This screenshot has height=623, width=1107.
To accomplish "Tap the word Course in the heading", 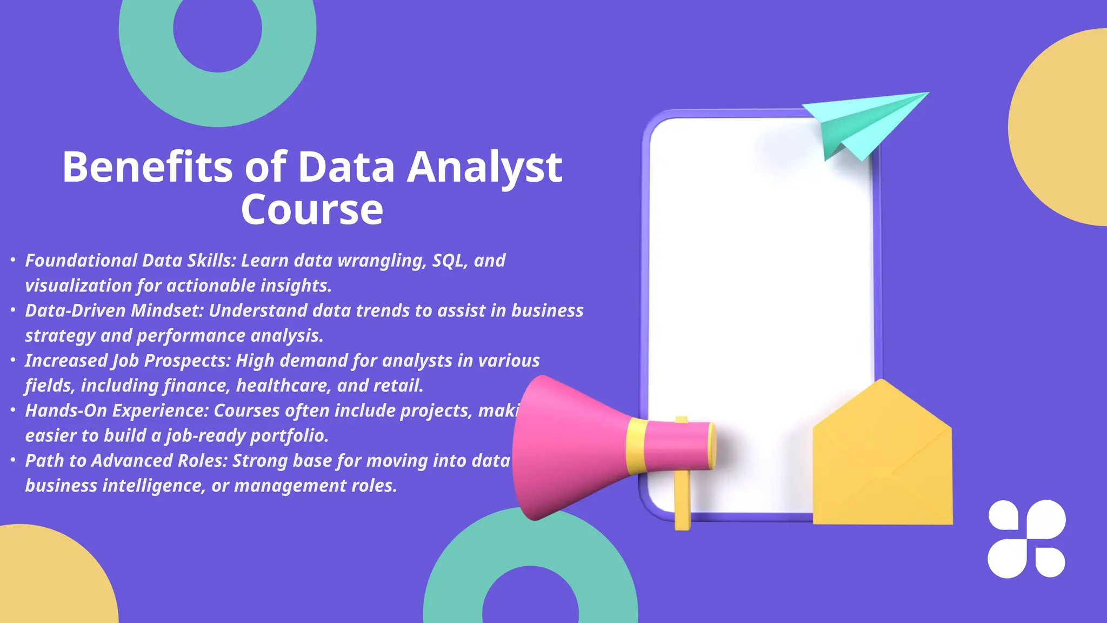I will pos(312,210).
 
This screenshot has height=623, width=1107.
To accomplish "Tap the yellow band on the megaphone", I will pos(636,446).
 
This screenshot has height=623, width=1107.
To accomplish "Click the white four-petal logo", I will pos(1026,539).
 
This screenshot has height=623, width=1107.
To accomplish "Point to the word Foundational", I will pos(81,261).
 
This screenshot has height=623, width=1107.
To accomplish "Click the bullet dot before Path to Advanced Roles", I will pos(13,460).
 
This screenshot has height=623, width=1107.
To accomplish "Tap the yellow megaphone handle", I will pos(682,503).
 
